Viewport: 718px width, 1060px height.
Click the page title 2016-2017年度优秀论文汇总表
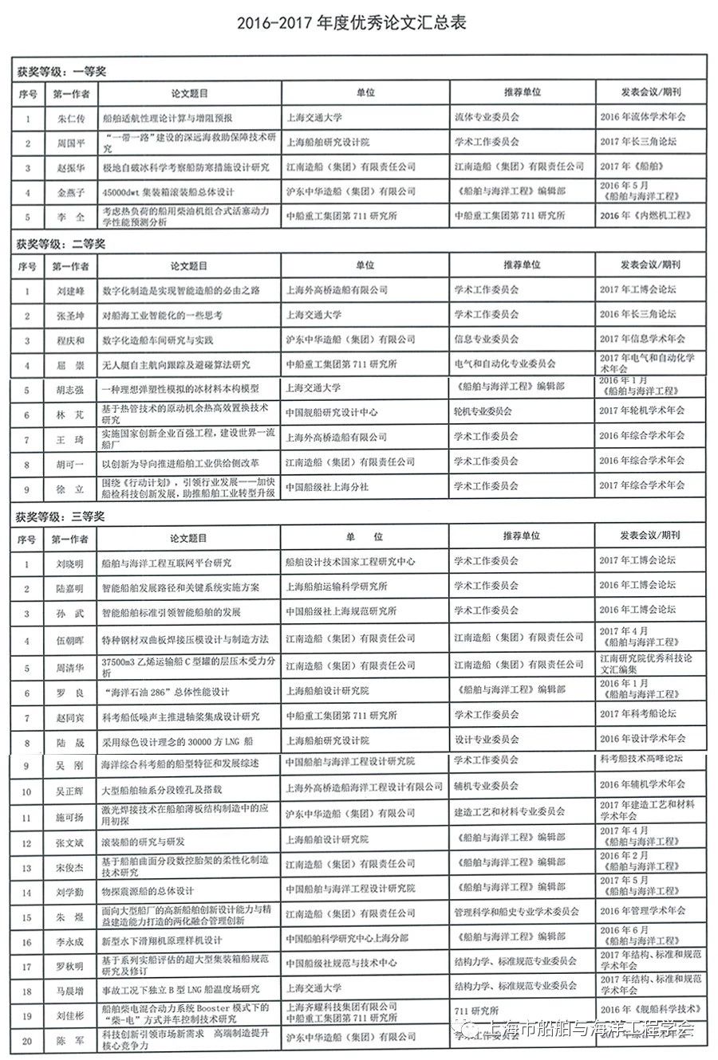pos(351,23)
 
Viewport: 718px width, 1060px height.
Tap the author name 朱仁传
pos(71,117)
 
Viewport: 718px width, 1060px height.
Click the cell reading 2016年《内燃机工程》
pos(642,216)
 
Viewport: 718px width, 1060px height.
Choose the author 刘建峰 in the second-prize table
pos(71,290)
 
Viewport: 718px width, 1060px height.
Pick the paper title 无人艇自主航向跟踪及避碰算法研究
pos(176,364)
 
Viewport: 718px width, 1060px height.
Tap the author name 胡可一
pos(71,461)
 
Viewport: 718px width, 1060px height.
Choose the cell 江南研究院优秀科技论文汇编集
pos(646,664)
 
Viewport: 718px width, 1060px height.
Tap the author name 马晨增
pos(71,991)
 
